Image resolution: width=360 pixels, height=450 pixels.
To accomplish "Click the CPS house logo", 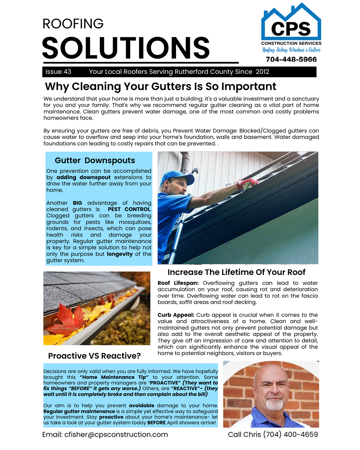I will [x=291, y=22].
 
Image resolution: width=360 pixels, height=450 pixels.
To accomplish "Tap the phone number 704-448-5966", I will [x=291, y=59].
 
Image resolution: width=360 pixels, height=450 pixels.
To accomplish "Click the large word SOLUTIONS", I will [x=126, y=48].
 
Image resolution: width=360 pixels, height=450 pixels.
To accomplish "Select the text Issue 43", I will [x=58, y=72].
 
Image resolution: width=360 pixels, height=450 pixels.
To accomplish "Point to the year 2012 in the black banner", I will [x=262, y=72].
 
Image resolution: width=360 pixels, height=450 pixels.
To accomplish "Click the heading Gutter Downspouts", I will [x=95, y=161].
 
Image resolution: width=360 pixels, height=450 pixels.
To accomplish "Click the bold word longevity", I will [x=120, y=254].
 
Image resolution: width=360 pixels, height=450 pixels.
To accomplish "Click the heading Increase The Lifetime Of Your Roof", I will [x=236, y=272].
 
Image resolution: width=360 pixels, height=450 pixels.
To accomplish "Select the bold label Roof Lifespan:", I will [x=178, y=283].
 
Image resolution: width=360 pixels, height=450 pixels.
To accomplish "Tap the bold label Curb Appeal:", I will [x=176, y=315].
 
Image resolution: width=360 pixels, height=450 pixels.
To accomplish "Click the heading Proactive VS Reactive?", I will [x=94, y=356].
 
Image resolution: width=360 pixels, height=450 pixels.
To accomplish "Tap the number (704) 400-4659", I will [x=291, y=435].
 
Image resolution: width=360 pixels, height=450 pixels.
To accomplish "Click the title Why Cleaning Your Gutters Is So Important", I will [x=161, y=87].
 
